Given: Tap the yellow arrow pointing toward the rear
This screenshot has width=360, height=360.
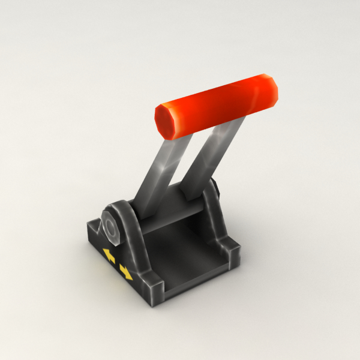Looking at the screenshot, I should (x=109, y=256).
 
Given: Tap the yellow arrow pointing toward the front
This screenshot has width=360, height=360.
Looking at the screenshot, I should (x=126, y=272).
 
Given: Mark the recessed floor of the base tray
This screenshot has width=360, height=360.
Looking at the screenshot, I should (x=183, y=255).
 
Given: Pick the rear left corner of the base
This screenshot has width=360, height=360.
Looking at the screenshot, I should (x=94, y=227).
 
